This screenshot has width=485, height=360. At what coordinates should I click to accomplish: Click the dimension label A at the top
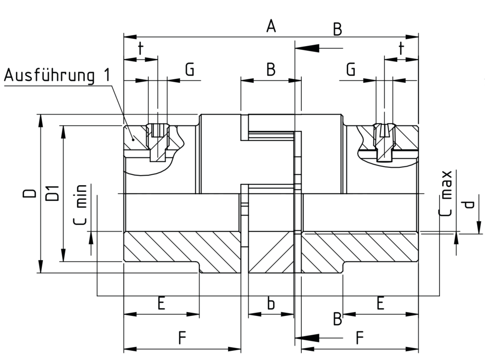click(x=271, y=26)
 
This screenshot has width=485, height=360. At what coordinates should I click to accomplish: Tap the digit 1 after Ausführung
click(x=106, y=75)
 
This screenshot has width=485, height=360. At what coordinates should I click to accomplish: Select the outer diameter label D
click(x=30, y=193)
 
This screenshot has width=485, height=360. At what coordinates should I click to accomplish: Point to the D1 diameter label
click(x=52, y=194)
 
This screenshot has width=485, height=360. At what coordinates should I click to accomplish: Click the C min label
click(x=80, y=205)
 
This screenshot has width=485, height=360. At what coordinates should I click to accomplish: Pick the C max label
click(x=446, y=194)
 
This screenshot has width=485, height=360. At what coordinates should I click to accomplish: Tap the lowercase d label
click(x=469, y=204)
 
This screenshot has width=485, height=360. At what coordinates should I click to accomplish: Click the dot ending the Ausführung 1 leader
click(x=133, y=139)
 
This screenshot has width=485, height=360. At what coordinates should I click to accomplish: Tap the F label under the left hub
click(x=182, y=338)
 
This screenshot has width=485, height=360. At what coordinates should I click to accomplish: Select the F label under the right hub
click(x=359, y=338)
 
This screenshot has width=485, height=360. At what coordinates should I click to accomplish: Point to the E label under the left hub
click(x=161, y=303)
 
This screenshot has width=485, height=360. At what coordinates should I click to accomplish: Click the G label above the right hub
click(x=351, y=69)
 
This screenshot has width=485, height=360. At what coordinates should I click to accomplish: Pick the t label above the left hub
click(x=141, y=48)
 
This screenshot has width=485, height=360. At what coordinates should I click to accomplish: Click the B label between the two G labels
click(x=271, y=69)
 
